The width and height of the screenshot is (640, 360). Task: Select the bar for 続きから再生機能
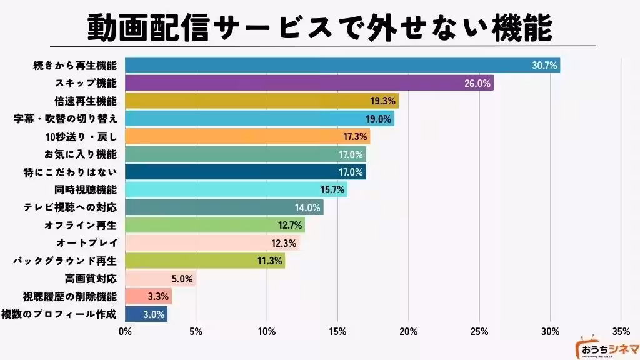[342, 65]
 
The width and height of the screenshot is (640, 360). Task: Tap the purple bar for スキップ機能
[309, 82]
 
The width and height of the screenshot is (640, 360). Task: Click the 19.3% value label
[381, 101]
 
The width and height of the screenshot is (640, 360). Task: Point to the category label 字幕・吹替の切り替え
[65, 119]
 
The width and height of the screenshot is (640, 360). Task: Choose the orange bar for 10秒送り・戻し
[247, 136]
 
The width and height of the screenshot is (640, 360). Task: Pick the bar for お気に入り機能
[246, 154]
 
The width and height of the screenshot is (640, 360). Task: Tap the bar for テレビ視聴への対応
[224, 207]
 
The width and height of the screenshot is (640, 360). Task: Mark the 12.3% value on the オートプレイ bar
[284, 242]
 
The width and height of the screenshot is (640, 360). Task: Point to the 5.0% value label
[182, 278]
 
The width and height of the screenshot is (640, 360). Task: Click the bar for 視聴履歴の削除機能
[148, 296]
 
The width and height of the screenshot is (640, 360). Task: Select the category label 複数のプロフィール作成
[59, 314]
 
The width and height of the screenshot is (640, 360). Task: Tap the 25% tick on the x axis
[479, 331]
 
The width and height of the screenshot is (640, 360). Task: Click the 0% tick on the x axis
[126, 331]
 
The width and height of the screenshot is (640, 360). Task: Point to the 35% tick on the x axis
[621, 331]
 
